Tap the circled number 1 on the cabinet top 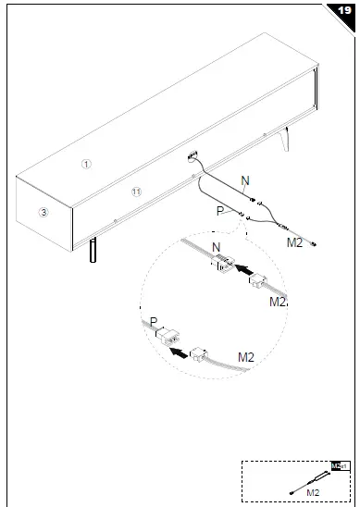click(x=85, y=164)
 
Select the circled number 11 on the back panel click(x=136, y=192)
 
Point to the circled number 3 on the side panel click(x=43, y=212)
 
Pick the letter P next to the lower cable click(x=220, y=211)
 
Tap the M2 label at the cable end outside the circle click(x=294, y=242)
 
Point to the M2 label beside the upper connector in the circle click(x=278, y=302)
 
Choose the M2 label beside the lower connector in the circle click(x=246, y=355)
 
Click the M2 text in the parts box click(x=312, y=494)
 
